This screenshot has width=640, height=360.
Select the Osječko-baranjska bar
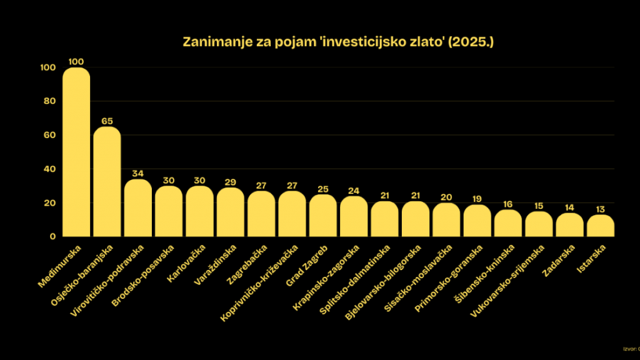107,181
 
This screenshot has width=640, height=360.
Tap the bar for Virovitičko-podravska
138,208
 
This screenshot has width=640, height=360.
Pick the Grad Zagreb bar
323,216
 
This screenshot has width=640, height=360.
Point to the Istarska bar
601,226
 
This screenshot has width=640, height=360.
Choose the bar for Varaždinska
231,212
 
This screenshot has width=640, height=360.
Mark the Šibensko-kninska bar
508,223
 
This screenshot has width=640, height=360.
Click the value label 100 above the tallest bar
76,62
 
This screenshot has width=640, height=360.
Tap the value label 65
107,121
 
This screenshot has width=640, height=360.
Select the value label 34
138,174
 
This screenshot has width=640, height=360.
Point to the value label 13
601,209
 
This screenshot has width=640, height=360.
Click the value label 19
477,199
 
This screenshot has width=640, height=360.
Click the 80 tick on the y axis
50,101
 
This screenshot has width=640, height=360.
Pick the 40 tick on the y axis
50,169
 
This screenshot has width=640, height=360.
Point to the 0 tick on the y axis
53,237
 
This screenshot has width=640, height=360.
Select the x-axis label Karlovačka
184,264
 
